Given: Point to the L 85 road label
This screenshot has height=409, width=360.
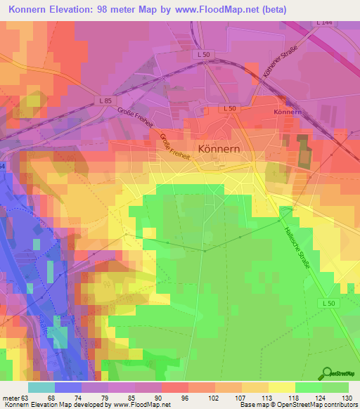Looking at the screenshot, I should (105, 101).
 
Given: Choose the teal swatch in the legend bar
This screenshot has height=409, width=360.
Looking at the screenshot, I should (41, 387).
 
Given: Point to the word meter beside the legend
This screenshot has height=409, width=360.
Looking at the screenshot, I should (10, 397).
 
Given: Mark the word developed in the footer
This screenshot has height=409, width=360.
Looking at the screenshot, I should (91, 405).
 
